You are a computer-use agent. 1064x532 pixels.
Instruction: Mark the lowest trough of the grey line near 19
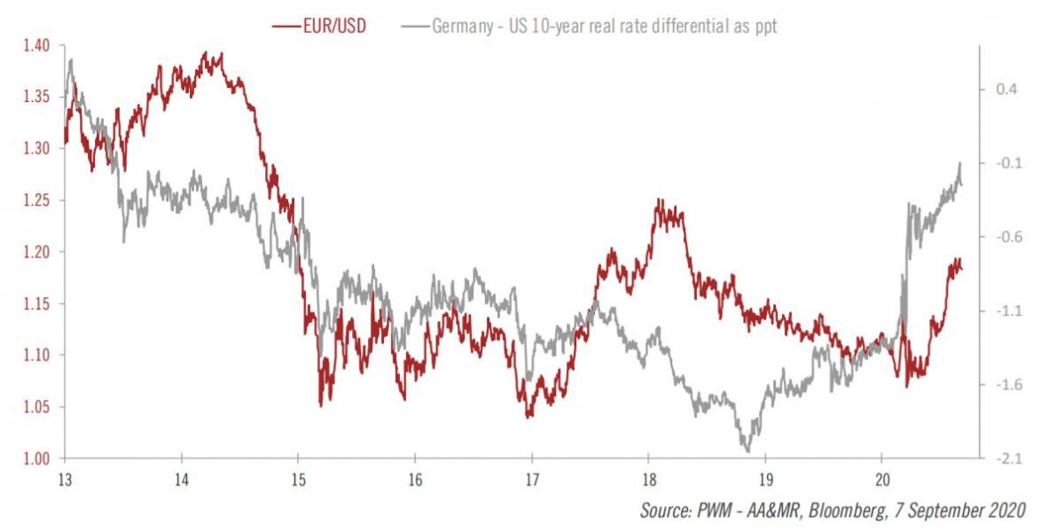point(747,451)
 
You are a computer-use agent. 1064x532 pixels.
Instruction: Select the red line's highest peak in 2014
point(206,52)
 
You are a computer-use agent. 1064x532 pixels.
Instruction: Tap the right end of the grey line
point(962,182)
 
